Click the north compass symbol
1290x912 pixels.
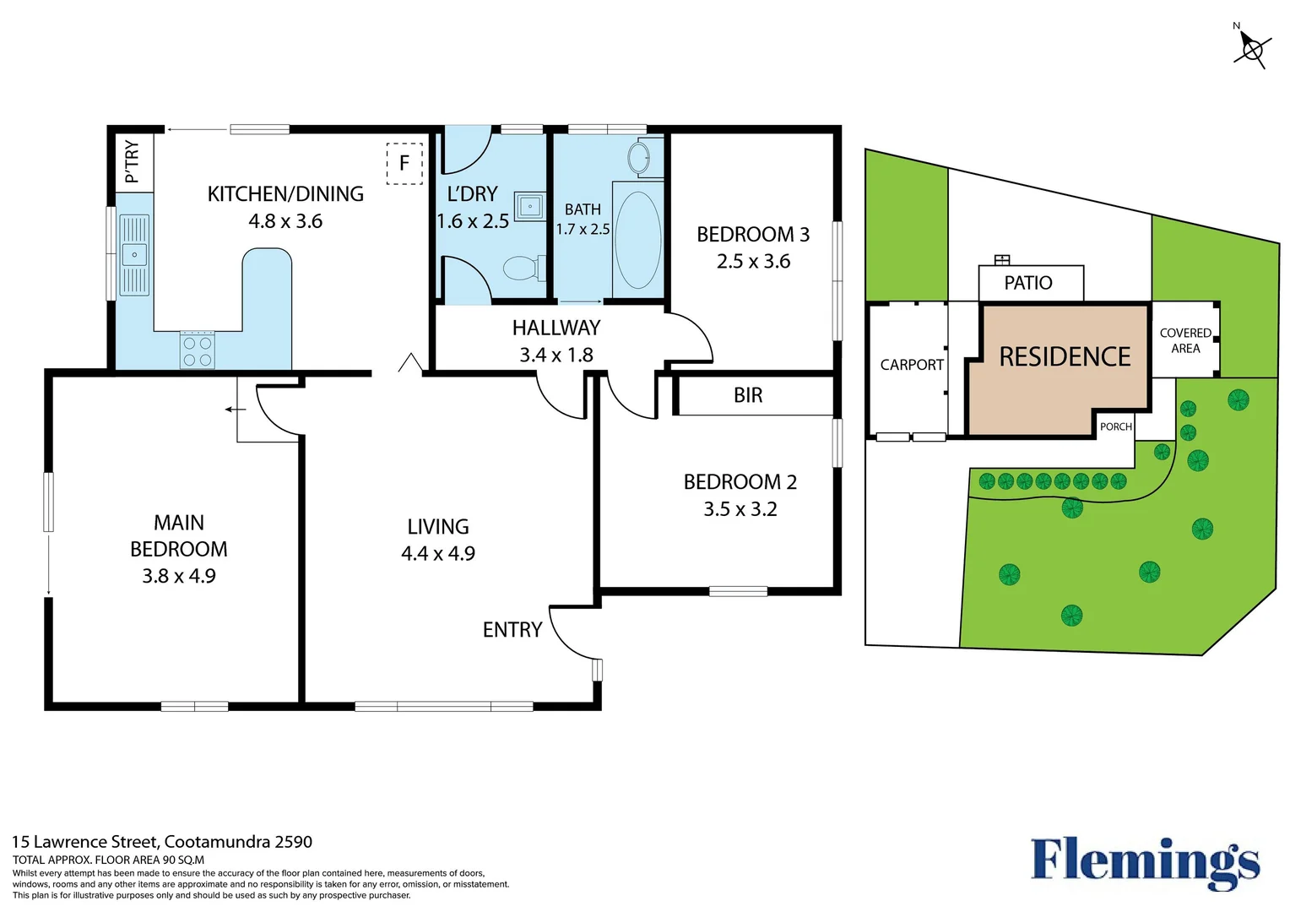pyautogui.click(x=1251, y=49)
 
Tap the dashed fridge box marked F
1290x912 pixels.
pyautogui.click(x=404, y=163)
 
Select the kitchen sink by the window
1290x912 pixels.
pyautogui.click(x=134, y=254)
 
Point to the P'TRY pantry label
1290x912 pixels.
pyautogui.click(x=133, y=161)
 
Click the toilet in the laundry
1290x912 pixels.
pyautogui.click(x=523, y=269)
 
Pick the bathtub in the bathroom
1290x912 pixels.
pyautogui.click(x=637, y=241)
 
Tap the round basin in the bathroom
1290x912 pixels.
pyautogui.click(x=639, y=157)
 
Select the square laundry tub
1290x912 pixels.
pyautogui.click(x=530, y=205)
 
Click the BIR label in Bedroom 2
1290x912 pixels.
pyautogui.click(x=748, y=395)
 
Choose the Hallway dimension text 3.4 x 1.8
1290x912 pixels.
pyautogui.click(x=556, y=355)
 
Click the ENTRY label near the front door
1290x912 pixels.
pyautogui.click(x=512, y=630)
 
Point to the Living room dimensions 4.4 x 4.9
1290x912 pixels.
pyautogui.click(x=438, y=554)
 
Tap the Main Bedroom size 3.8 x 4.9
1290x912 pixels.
pyautogui.click(x=179, y=576)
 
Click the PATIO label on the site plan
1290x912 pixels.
pyautogui.click(x=1028, y=283)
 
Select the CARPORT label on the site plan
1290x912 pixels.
pyautogui.click(x=912, y=365)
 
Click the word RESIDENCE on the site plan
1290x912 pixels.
pyautogui.click(x=1065, y=357)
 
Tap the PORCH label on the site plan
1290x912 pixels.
pyautogui.click(x=1115, y=426)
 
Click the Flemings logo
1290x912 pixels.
pyautogui.click(x=1145, y=861)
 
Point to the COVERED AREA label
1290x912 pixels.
pyautogui.click(x=1185, y=340)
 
